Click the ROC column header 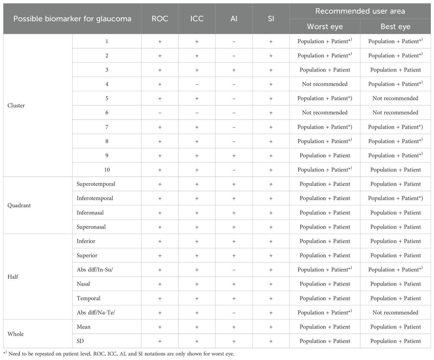click(160, 19)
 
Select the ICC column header click(197, 19)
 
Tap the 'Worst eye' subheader click(325, 26)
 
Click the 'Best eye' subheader click(395, 26)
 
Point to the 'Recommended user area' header click(360, 11)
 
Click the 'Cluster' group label click(16, 106)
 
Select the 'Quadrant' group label click(19, 205)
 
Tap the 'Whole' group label click(15, 334)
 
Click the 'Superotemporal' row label click(96, 184)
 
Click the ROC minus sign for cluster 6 click(160, 113)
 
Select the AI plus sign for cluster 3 click(234, 70)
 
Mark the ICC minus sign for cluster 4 click(197, 84)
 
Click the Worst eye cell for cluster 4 click(325, 84)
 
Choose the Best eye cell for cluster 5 click(395, 98)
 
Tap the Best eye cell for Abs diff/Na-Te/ click(395, 312)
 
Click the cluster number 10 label click(107, 170)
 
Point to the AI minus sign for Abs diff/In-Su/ click(234, 270)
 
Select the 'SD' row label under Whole click(80, 341)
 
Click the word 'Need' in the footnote click(15, 354)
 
